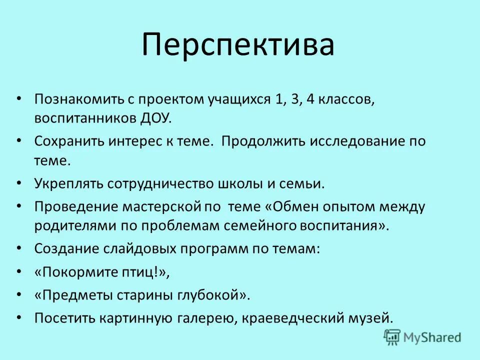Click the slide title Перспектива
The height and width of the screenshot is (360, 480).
(x=237, y=45)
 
